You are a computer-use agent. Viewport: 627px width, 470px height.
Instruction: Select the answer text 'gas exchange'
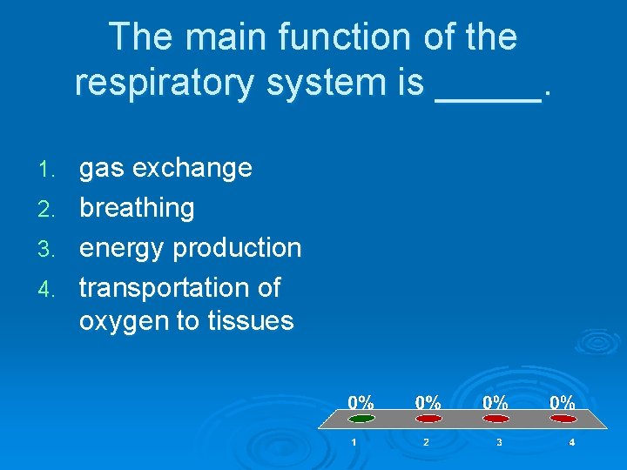click(165, 167)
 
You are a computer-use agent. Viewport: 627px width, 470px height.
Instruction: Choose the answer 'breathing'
click(137, 208)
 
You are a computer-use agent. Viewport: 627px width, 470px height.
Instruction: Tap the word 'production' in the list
click(237, 248)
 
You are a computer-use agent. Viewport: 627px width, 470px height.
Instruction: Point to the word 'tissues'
click(250, 321)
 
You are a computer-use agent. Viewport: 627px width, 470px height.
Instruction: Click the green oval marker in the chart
click(361, 419)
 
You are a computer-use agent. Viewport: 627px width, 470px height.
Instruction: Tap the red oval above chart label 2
click(427, 419)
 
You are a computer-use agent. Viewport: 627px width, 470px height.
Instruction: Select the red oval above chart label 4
click(563, 419)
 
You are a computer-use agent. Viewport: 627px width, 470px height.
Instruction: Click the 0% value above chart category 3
click(496, 402)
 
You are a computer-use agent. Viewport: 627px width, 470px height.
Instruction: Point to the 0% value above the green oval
click(361, 402)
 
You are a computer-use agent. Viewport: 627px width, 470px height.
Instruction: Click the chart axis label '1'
click(354, 443)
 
